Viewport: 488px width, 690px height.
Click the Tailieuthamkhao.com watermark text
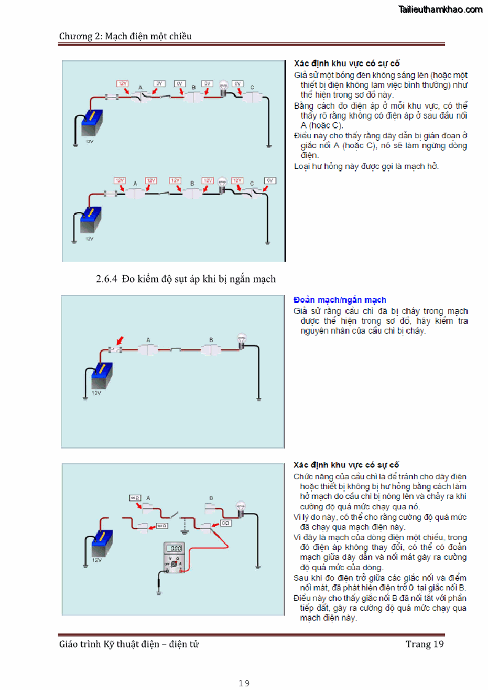point(440,9)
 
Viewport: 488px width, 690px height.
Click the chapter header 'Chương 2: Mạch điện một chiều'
point(125,36)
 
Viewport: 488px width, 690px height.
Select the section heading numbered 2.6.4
point(186,279)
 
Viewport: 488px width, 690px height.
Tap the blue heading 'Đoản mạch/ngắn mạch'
point(340,300)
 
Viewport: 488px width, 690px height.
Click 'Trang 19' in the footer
point(424,644)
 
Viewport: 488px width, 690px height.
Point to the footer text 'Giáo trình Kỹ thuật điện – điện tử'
point(128,644)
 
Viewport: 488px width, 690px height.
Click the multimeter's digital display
point(175,548)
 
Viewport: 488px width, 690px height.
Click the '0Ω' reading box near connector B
point(225,523)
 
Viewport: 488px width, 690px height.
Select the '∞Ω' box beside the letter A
point(135,498)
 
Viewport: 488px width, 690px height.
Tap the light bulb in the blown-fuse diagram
point(242,340)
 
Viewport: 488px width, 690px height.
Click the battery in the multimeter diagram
point(101,544)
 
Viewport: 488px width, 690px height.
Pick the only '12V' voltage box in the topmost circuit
point(123,83)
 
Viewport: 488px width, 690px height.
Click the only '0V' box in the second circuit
point(269,181)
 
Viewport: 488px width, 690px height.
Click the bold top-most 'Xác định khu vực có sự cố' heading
point(347,63)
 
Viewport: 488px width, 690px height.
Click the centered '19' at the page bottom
point(244,683)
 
